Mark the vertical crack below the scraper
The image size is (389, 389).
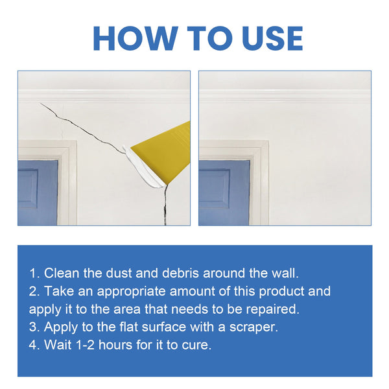(x=163, y=204)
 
